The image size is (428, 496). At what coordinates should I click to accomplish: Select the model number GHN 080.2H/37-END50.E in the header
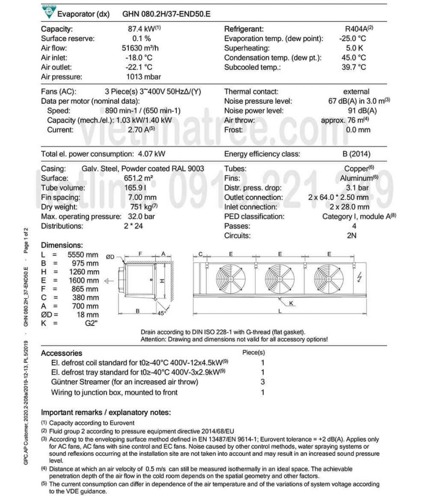[167, 14]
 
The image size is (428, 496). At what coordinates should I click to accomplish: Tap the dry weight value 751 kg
[140, 207]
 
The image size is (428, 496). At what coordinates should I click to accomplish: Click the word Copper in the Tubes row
[356, 169]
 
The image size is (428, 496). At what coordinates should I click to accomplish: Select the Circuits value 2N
[352, 236]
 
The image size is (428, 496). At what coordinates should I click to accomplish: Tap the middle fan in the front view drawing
[280, 279]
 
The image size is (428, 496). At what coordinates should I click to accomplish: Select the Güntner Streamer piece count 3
[262, 382]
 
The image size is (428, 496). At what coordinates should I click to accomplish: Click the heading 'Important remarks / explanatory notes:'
[106, 412]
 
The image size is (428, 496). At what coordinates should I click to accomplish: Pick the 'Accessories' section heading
[61, 353]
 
